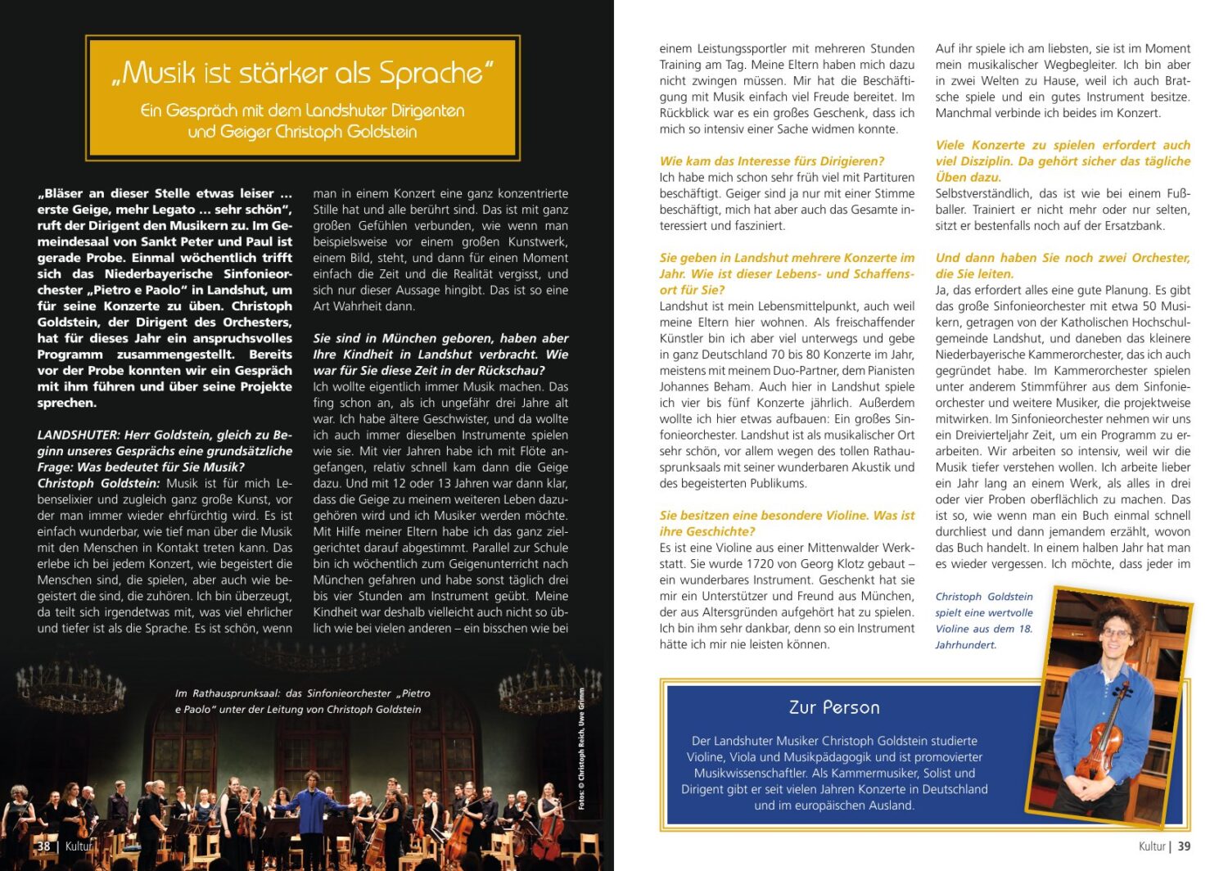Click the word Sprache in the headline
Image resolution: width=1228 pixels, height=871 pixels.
pos(430,74)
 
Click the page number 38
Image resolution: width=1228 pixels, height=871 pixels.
pos(43,846)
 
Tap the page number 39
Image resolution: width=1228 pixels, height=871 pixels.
pos(1184,846)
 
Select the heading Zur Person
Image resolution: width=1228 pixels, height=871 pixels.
pos(834,707)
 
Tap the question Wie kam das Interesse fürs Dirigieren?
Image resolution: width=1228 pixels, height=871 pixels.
pos(772,161)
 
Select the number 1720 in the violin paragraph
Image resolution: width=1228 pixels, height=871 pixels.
pos(761,564)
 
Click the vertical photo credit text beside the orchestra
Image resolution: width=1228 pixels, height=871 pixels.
pos(581,749)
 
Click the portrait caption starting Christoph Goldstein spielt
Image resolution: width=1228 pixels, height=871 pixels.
pos(984,621)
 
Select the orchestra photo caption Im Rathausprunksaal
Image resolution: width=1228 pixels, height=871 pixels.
pos(302,702)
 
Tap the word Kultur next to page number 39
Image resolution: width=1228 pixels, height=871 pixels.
pos(1151,846)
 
